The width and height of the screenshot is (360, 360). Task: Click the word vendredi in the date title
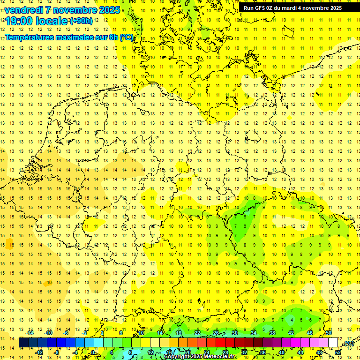pyautogui.click(x=25, y=10)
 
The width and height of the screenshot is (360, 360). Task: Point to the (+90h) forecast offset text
pyautogui.click(x=81, y=21)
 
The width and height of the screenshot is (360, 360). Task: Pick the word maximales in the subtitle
pyautogui.click(x=78, y=37)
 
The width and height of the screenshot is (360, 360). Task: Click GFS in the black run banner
pyautogui.click(x=261, y=8)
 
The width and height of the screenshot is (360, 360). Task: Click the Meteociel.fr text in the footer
pyautogui.click(x=221, y=357)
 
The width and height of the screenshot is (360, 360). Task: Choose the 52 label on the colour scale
pyautogui.click(x=338, y=352)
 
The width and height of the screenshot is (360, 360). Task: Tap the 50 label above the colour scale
pyautogui.click(x=329, y=333)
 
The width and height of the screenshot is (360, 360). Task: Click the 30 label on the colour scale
pyautogui.click(x=235, y=333)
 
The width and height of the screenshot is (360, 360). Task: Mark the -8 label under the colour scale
pyautogui.click(x=57, y=352)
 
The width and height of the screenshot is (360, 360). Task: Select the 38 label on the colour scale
pyautogui.click(x=272, y=333)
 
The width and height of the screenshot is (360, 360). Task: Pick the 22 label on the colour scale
pyautogui.click(x=197, y=333)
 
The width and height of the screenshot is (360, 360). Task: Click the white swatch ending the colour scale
pyautogui.click(x=333, y=343)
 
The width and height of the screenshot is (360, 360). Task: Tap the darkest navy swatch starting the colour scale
pyautogui.click(x=23, y=343)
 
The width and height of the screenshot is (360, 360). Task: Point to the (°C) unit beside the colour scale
pyautogui.click(x=348, y=343)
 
